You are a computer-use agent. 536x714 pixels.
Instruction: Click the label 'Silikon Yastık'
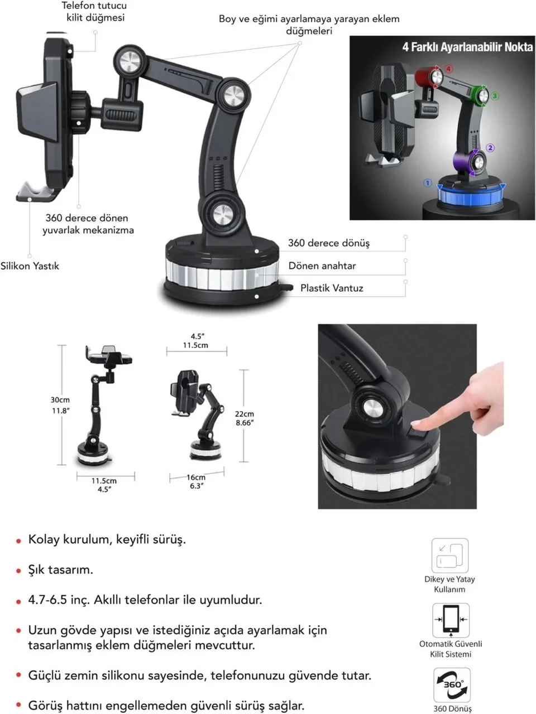30,266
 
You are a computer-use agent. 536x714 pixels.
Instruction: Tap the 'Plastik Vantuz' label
332,288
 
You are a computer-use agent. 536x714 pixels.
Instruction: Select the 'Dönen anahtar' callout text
322,266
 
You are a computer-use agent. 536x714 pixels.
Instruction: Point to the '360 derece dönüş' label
329,243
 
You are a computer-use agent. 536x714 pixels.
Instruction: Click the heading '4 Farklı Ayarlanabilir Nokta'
467,47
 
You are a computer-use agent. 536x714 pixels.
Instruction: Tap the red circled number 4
449,69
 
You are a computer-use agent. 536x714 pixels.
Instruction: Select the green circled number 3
495,96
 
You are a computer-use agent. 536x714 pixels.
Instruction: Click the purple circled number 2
490,148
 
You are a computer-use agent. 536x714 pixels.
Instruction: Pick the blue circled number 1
428,183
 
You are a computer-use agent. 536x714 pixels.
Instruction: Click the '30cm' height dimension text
60,400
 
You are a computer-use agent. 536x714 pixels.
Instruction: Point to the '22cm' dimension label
245,414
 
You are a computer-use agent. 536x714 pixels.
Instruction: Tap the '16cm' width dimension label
196,477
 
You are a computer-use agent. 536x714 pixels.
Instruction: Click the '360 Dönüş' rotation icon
452,685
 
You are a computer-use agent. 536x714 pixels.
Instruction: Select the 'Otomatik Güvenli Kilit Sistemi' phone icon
451,620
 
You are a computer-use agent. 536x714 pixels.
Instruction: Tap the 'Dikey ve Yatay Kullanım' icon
450,556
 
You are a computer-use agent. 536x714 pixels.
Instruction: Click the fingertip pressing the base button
415,423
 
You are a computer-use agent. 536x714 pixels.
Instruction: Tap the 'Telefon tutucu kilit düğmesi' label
94,11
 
